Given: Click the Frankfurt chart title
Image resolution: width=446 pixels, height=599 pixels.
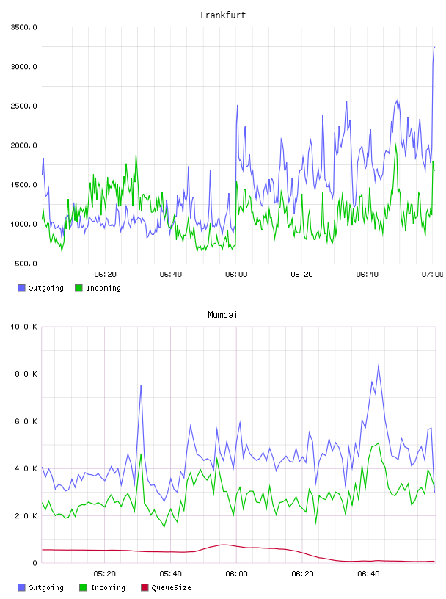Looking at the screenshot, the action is tap(223, 15).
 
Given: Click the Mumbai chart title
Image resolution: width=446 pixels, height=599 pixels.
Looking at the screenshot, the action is tap(222, 315).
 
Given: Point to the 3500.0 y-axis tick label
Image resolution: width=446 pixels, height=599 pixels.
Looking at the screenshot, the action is tap(23, 27).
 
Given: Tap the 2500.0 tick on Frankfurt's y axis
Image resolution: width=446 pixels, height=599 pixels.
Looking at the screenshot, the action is tap(23, 106).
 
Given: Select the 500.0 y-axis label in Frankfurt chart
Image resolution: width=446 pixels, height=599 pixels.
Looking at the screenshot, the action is tap(26, 264).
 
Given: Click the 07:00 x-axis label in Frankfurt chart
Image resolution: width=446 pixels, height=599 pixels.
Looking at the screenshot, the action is tap(433, 275).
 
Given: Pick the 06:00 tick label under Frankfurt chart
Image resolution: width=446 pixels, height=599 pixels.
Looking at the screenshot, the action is tap(236, 275).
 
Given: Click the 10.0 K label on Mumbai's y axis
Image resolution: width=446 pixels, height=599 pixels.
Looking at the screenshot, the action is tap(23, 327).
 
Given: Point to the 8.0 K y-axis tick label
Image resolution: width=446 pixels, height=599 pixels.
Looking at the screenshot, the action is tap(26, 374).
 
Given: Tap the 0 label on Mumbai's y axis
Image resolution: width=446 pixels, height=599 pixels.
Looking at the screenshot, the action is tap(34, 563).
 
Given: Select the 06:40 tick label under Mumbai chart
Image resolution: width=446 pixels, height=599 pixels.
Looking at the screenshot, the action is tap(368, 574).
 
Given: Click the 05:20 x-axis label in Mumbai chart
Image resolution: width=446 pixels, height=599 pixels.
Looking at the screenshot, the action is tap(105, 574).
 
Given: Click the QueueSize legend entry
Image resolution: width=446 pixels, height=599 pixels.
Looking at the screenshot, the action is tap(172, 587).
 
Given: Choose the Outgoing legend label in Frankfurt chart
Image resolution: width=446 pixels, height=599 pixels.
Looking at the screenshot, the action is tap(45, 288).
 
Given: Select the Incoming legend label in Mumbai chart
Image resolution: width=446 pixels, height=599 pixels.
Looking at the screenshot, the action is tap(108, 587).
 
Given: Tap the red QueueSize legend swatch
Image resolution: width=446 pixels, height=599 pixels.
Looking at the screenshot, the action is tap(145, 587).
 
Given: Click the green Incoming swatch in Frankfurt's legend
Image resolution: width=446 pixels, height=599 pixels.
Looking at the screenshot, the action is tap(78, 288).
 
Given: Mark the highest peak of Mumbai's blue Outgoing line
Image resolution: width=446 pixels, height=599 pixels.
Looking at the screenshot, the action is tap(379, 366).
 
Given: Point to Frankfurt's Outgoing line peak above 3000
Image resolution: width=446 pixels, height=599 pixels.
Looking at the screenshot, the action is tap(434, 47).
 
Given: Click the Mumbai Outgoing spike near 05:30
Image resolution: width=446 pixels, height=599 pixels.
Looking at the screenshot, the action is tap(141, 385).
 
